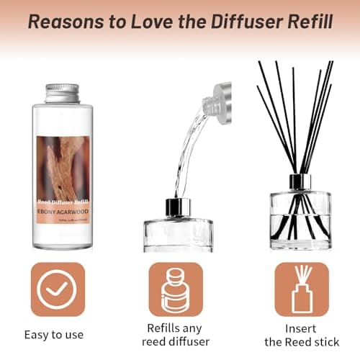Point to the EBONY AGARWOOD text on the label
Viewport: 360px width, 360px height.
(63, 213)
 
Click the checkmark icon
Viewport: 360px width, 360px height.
(58, 289)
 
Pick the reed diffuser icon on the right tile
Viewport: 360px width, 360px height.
(302, 289)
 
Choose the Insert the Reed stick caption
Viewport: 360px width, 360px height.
(302, 334)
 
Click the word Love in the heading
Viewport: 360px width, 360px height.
(146, 21)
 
